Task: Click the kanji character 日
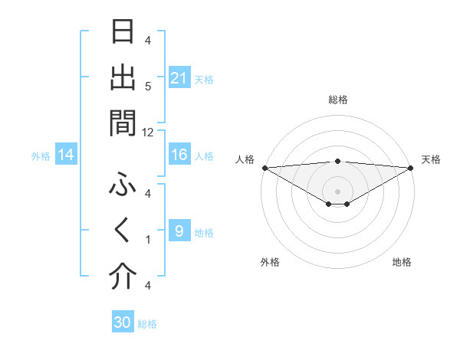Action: (123, 33)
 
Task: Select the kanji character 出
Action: (123, 77)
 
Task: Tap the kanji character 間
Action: (123, 122)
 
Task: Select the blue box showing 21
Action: (179, 77)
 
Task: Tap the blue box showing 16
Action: (179, 155)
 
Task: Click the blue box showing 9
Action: (179, 232)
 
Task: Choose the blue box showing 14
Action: (66, 155)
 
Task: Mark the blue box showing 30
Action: (123, 322)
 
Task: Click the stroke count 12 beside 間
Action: (148, 132)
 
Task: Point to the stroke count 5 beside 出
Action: (148, 86)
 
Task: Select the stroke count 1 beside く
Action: (148, 240)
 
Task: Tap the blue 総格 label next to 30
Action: (147, 324)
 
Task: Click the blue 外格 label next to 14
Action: (41, 156)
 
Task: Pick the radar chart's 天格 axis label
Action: (431, 159)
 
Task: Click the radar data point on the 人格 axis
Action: (264, 167)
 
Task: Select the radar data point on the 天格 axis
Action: (410, 167)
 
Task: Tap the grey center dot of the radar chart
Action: (337, 191)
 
